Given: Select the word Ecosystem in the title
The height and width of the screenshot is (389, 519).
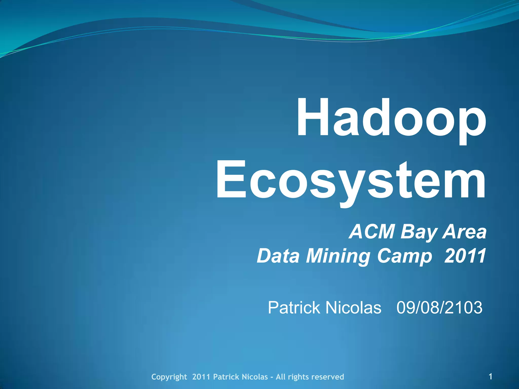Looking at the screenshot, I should point(351,181).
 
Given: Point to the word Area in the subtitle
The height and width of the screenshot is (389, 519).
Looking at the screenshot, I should point(464,232).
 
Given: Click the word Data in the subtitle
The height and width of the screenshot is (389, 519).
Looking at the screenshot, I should point(278,256).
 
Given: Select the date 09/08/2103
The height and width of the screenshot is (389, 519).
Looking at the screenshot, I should point(439,308).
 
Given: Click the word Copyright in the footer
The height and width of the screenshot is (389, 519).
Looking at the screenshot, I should point(169,377).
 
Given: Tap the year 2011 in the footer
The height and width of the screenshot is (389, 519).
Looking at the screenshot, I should point(201,377).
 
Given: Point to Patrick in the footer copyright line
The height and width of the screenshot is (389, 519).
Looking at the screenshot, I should point(226,377).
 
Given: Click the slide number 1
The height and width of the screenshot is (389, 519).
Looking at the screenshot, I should point(490,376).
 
